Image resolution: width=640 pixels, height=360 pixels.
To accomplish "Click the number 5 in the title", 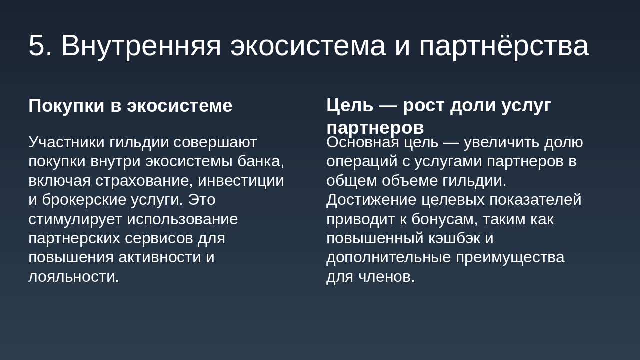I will tap(37, 46).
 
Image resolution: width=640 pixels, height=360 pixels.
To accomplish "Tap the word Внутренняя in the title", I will tap(141, 46).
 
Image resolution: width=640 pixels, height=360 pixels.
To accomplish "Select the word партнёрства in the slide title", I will tap(504, 46).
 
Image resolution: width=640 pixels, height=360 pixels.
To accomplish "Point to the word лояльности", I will tap(73, 276).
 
